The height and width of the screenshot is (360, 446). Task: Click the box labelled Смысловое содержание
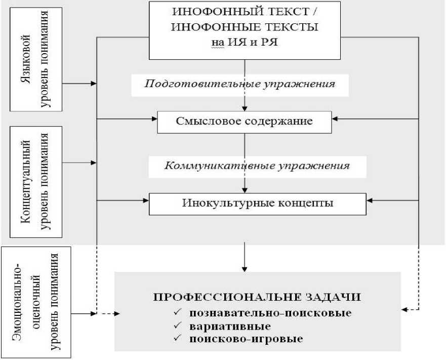pyautogui.click(x=245, y=122)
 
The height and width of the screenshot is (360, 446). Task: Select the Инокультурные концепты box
pyautogui.click(x=257, y=204)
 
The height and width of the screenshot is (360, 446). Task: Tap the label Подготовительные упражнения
pyautogui.click(x=239, y=84)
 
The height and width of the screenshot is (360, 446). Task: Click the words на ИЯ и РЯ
pyautogui.click(x=245, y=43)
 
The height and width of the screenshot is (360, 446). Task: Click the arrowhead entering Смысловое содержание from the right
pyautogui.click(x=336, y=119)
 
